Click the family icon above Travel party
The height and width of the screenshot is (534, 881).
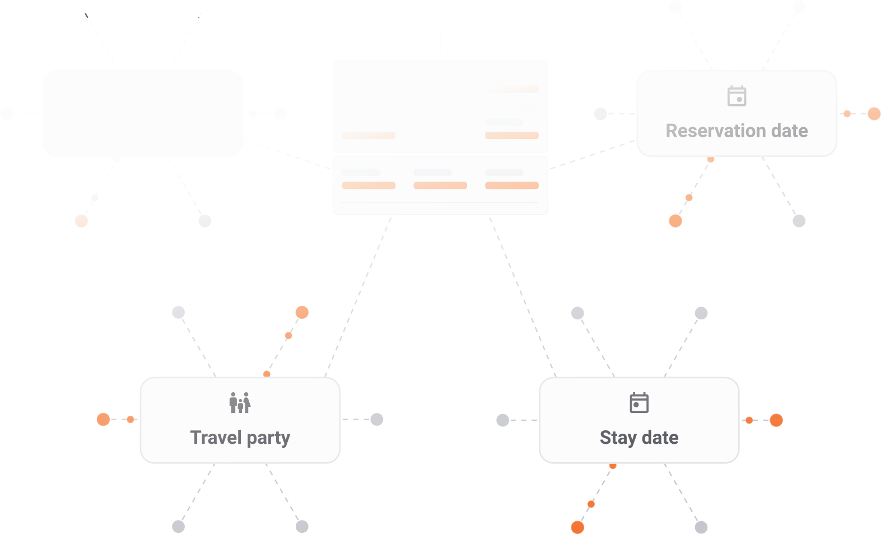pos(240,402)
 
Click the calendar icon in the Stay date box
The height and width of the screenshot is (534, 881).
pos(639,402)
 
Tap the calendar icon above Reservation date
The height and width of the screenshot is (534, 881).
pos(737,96)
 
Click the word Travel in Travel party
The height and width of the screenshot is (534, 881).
pos(216,438)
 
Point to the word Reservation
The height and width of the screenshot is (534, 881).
pos(716,131)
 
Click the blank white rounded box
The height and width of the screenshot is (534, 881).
pos(143,113)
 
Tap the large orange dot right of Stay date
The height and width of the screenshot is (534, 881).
pos(776,420)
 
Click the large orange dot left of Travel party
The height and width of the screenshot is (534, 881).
pos(103,419)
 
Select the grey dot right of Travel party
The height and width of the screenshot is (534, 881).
pos(377,419)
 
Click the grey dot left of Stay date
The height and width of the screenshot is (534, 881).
pos(503,420)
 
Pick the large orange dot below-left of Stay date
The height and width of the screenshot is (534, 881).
pos(577,527)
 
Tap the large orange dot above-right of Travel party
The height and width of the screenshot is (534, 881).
pos(302,312)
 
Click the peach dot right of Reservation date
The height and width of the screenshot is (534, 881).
pos(874,114)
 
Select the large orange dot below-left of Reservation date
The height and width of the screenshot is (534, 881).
pos(675,221)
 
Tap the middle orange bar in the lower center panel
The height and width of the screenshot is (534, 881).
pos(440,185)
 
